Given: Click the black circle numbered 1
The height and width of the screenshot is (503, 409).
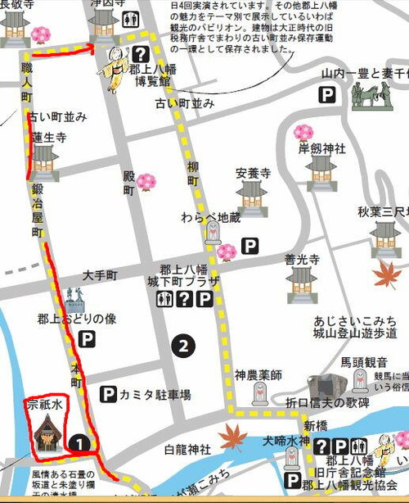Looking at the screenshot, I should point(78,443).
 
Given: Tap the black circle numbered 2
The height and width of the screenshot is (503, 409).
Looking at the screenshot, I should point(185,347).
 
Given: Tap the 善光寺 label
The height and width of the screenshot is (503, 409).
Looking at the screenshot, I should point(300,259).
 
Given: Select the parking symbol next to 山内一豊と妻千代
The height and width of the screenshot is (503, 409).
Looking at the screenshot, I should point(327,97).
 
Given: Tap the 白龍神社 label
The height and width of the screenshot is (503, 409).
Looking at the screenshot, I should point(187,449).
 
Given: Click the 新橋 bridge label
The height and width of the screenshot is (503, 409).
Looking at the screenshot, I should point(315,426).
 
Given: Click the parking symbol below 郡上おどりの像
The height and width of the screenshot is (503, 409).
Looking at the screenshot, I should point(86,338).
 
